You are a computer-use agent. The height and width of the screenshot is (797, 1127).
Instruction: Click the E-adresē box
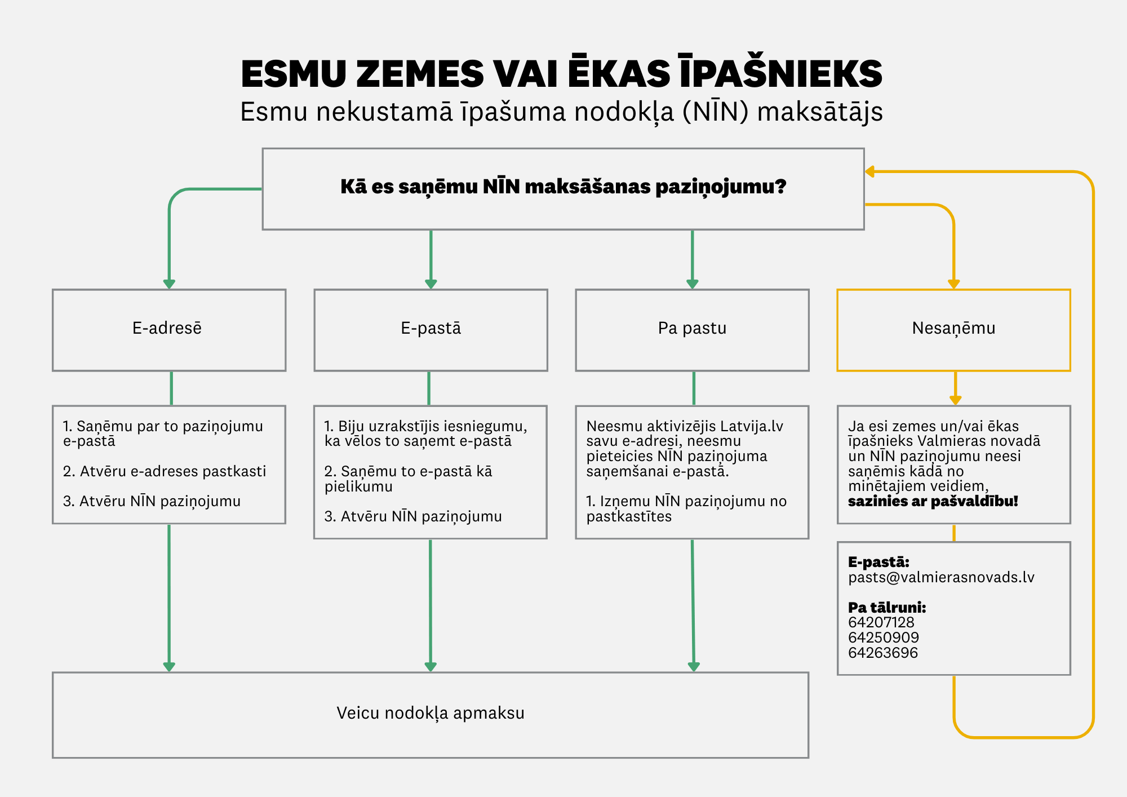tap(169, 330)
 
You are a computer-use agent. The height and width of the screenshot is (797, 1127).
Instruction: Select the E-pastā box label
tap(431, 328)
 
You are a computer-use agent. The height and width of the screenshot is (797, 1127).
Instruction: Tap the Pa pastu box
tap(692, 330)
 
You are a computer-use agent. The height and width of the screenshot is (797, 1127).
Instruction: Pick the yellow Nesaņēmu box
tap(953, 330)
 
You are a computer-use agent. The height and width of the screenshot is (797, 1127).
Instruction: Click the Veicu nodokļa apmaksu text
tap(431, 713)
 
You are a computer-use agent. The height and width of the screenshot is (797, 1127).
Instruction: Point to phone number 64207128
tap(881, 622)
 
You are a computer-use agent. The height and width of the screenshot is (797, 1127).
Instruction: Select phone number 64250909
tap(884, 637)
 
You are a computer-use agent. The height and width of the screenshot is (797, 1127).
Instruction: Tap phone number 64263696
tap(883, 653)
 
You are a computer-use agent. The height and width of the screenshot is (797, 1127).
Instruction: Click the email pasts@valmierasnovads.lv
tap(941, 577)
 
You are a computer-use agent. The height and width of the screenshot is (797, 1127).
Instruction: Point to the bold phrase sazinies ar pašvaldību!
tap(933, 501)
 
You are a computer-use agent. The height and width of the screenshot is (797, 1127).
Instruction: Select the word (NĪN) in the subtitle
tap(715, 112)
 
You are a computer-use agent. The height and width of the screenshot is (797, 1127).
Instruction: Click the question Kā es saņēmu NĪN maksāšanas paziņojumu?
tap(563, 187)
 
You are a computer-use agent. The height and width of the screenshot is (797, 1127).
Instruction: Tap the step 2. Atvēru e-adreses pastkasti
tap(165, 471)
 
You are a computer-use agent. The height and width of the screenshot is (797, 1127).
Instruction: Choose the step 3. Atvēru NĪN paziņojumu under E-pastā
tap(413, 516)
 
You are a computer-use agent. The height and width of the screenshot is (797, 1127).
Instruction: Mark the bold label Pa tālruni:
tap(887, 608)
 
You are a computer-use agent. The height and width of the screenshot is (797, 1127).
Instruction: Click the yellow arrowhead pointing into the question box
tap(870, 171)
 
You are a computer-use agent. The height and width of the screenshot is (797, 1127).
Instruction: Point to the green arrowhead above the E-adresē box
tap(169, 284)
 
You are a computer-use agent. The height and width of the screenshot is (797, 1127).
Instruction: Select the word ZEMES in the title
tap(420, 74)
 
